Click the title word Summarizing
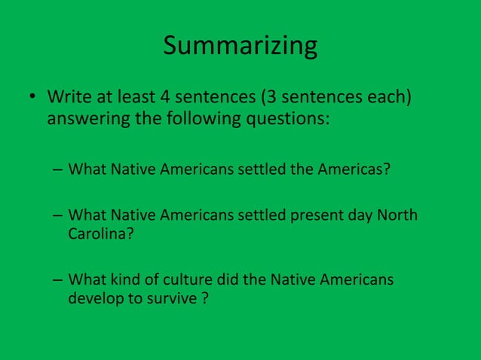tap(240, 47)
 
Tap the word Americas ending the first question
tap(353, 167)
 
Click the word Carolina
tap(97, 233)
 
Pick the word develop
tap(95, 298)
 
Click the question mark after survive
tap(204, 298)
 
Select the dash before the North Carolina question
tap(57, 216)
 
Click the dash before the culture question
tap(57, 280)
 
